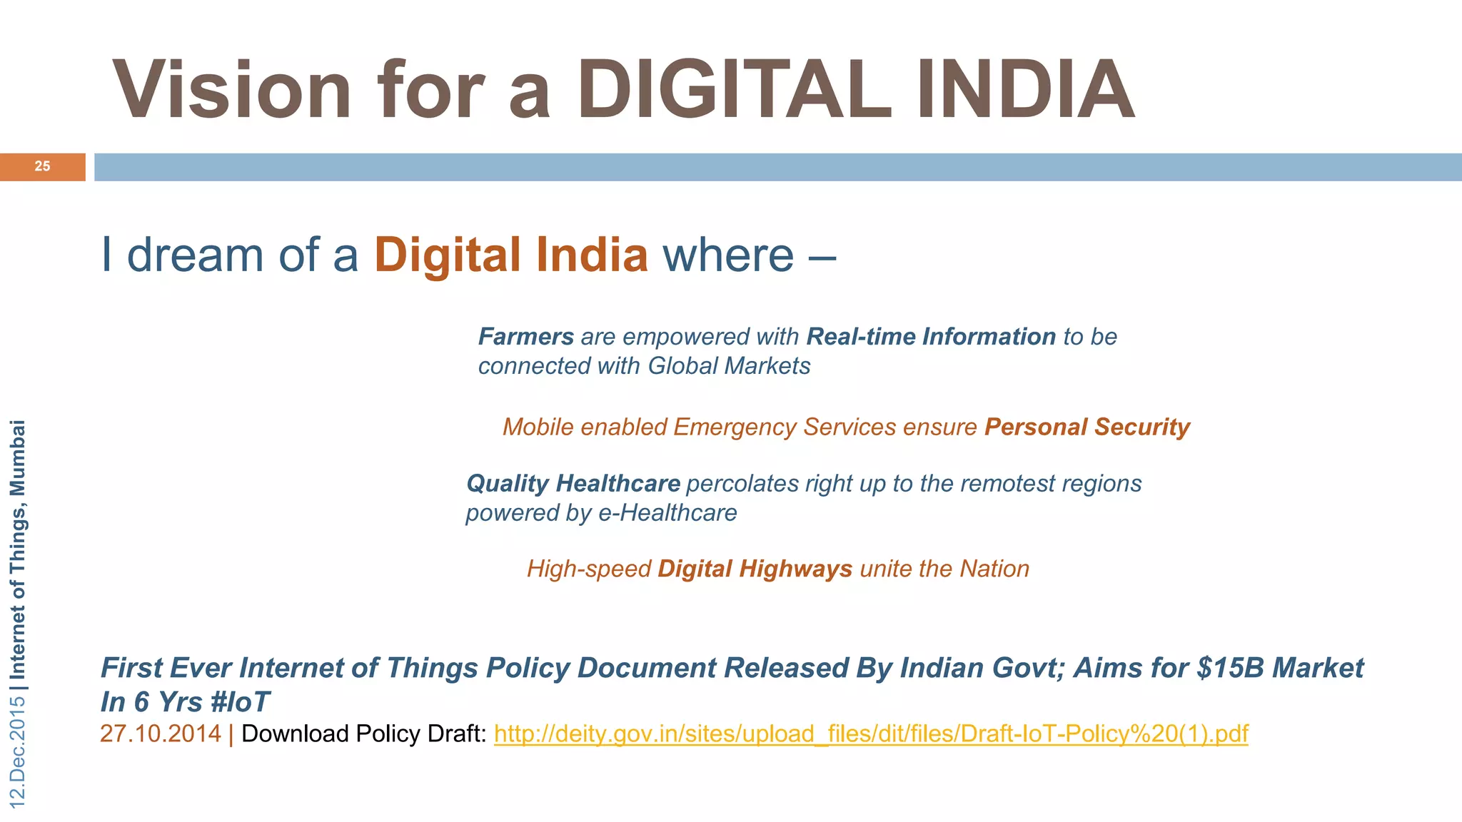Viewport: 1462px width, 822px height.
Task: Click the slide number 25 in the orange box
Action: point(43,166)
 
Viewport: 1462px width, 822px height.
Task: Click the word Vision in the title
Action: point(232,91)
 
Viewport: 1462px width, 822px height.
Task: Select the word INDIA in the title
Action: point(1026,91)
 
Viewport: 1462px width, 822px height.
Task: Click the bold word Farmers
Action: point(526,337)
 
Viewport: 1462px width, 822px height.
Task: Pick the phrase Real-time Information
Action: point(931,337)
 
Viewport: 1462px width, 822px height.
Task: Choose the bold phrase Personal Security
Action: point(1087,427)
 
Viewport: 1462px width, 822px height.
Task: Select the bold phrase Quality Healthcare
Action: point(573,484)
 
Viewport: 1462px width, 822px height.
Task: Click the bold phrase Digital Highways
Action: point(755,569)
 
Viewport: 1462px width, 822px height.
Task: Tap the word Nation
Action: point(994,569)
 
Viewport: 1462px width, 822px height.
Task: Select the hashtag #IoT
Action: point(240,702)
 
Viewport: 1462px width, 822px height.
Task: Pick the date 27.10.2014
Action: point(161,734)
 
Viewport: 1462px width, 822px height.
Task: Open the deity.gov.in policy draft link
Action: point(871,734)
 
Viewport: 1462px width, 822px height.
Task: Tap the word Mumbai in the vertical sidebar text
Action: point(18,457)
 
